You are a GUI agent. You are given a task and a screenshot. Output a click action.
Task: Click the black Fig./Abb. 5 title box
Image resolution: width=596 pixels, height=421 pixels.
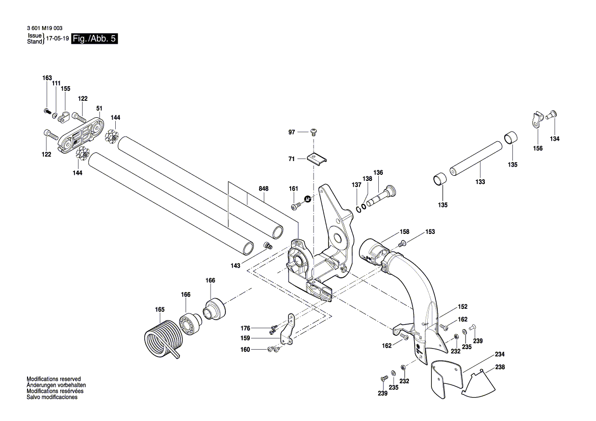[95, 39]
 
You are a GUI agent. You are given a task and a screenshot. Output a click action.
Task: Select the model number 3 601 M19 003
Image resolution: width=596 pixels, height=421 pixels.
[46, 29]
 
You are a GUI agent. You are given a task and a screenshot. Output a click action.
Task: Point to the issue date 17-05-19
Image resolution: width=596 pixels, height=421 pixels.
[57, 39]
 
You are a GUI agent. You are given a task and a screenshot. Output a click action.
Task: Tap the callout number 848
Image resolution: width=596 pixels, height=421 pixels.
[263, 189]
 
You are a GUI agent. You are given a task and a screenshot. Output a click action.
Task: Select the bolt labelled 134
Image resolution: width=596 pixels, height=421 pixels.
[552, 116]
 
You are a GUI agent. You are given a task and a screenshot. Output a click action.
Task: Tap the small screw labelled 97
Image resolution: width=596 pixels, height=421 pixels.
[314, 132]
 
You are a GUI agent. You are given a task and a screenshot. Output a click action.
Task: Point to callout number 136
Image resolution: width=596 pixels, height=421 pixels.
[378, 173]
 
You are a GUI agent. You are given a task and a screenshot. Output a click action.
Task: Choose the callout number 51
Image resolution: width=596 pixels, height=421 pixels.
[99, 108]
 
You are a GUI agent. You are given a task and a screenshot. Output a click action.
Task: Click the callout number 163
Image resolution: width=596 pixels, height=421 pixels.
[47, 78]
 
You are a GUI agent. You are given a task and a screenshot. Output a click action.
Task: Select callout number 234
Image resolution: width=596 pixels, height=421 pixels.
[500, 355]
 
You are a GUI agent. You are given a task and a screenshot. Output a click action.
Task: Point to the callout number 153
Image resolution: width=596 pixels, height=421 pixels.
[430, 232]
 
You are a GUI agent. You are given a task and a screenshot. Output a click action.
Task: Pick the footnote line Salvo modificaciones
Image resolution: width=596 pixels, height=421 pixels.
[52, 397]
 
